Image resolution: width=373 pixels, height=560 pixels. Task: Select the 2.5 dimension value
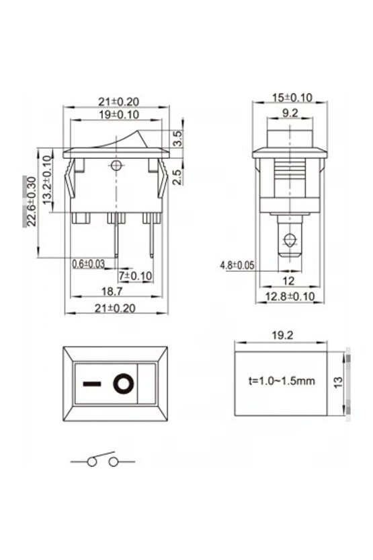point(177,176)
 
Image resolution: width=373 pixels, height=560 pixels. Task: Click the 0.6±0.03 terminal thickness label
point(88,264)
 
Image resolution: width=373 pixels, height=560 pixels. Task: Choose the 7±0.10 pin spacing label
point(135,276)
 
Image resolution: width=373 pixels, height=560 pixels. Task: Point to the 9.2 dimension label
point(291,114)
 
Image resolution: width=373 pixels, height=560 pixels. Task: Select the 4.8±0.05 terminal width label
point(237,265)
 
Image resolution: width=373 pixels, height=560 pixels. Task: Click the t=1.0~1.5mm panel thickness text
point(282,381)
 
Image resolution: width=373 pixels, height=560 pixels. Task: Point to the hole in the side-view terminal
point(290,239)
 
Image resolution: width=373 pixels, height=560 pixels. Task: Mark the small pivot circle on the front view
point(117,165)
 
